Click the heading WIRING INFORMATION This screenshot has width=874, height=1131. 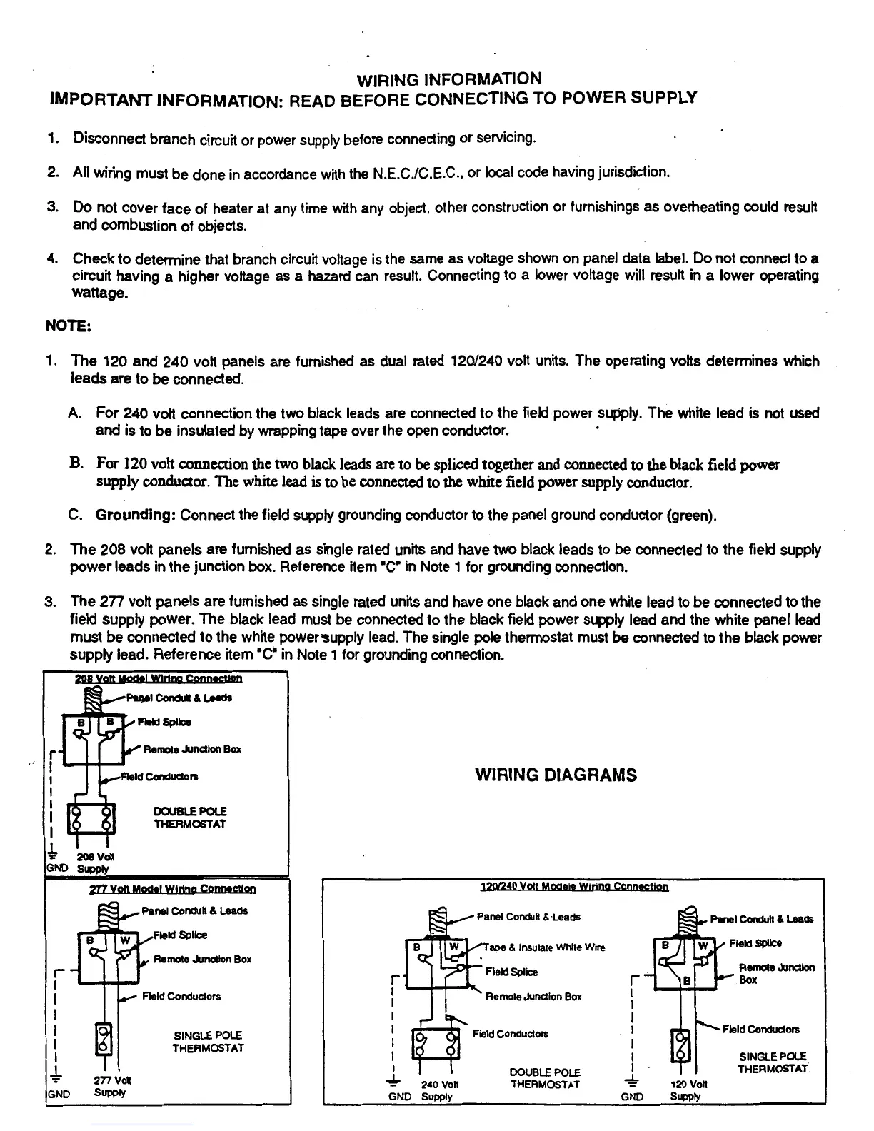click(448, 79)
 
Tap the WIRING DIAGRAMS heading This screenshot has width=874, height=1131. click(556, 775)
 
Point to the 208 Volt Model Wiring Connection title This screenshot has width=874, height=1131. click(158, 678)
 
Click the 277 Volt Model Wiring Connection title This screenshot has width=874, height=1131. click(172, 889)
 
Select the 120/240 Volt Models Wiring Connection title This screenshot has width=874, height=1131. click(575, 887)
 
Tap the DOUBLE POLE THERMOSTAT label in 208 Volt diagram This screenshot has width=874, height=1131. click(190, 818)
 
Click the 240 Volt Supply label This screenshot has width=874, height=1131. click(438, 1090)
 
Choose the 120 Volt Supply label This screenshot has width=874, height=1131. click(688, 1090)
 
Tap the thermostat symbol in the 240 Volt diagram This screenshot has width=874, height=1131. click(435, 1044)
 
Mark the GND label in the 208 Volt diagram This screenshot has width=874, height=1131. click(56, 868)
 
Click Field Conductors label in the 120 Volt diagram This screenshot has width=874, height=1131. click(760, 1029)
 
